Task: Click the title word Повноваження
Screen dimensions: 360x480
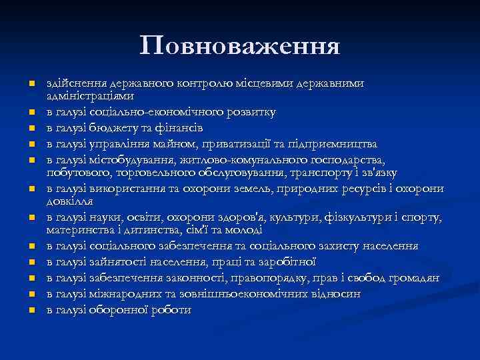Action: [x=240, y=46]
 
